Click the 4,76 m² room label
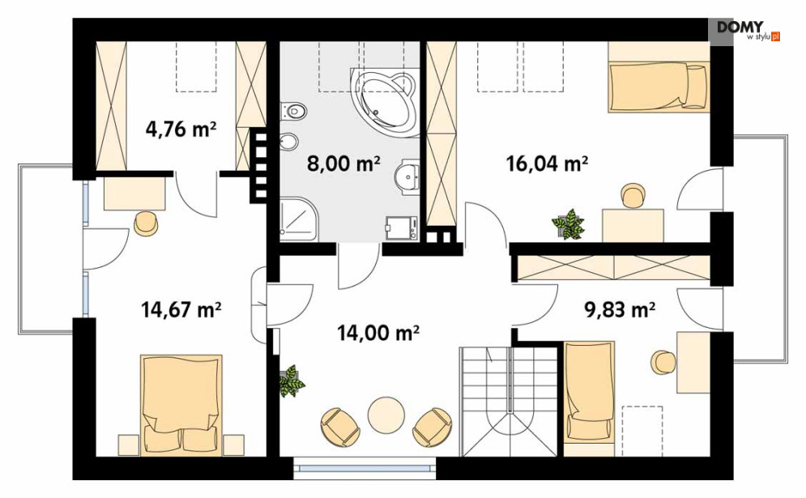click(x=181, y=129)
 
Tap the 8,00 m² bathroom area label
click(x=343, y=164)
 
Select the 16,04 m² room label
click(x=547, y=164)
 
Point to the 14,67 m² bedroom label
click(x=181, y=309)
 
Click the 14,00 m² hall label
click(x=377, y=333)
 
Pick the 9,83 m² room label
click(x=620, y=309)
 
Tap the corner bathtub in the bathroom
click(x=384, y=101)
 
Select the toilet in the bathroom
click(x=293, y=110)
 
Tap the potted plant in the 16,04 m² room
click(x=569, y=224)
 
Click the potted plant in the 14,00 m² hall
click(x=292, y=381)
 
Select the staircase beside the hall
click(x=509, y=402)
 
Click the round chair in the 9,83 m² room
click(x=663, y=362)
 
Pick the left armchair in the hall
click(x=339, y=427)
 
